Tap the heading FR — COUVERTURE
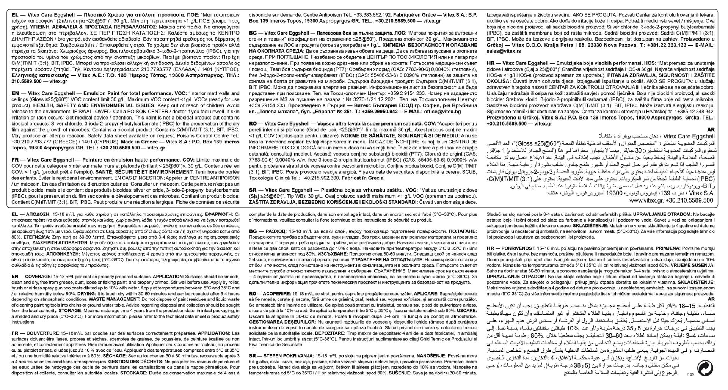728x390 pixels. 35,333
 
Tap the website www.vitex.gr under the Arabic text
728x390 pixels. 646,200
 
